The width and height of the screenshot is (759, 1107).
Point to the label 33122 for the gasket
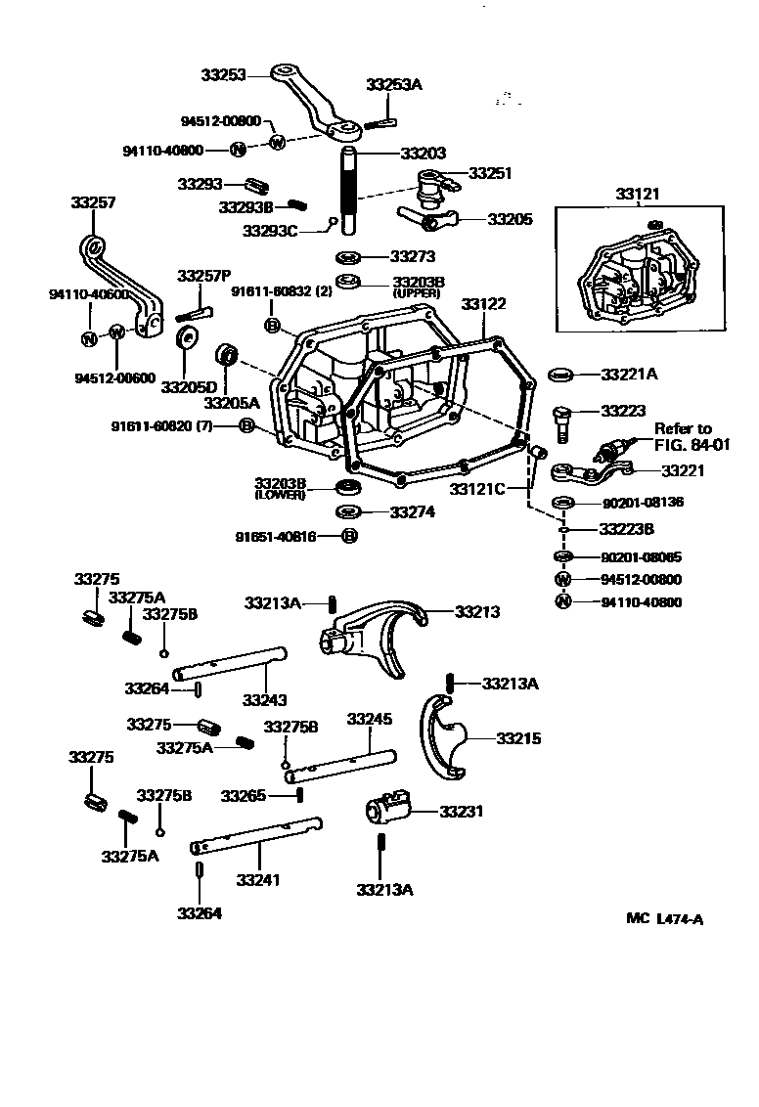click(x=484, y=304)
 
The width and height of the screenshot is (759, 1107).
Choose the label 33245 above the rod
click(x=370, y=719)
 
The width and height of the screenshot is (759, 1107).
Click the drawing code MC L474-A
click(x=665, y=918)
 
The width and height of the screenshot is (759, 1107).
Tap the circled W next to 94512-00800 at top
click(x=277, y=143)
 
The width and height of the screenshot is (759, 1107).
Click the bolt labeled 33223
click(x=561, y=421)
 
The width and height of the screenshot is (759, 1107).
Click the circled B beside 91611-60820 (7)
click(x=246, y=425)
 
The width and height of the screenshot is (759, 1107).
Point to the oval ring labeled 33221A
click(x=560, y=375)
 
